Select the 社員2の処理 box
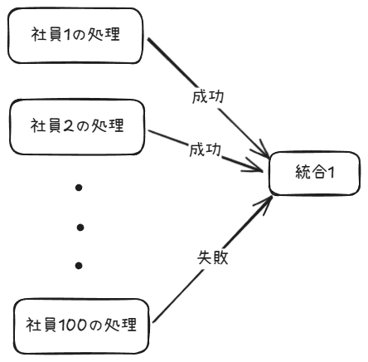click(x=76, y=126)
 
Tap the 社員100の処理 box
click(x=81, y=325)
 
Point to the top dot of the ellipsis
click(x=79, y=188)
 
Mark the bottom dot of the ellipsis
click(x=79, y=266)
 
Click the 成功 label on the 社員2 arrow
click(x=202, y=151)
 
